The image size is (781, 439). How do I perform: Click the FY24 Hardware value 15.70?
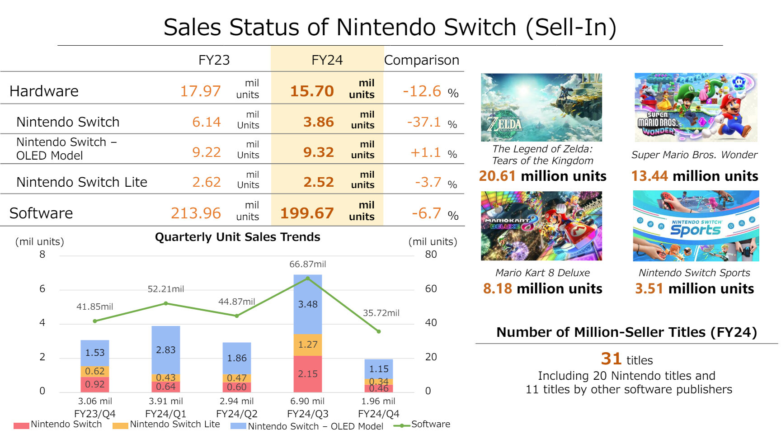[312, 91]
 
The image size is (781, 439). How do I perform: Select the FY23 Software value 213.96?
[196, 213]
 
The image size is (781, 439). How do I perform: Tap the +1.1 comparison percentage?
[425, 153]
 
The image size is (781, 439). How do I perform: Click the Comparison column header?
[421, 60]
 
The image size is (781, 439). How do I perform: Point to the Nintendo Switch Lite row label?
[82, 182]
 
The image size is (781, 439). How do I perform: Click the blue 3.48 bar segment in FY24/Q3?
[308, 304]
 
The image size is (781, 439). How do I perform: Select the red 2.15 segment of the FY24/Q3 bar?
[308, 374]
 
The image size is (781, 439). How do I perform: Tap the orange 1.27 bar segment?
[308, 345]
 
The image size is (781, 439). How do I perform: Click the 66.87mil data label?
[308, 264]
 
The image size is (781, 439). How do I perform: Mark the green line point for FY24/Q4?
[379, 331]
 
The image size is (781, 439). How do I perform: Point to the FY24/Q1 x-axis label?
[165, 414]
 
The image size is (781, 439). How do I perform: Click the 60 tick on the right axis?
[431, 288]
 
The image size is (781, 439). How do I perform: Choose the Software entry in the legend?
[430, 425]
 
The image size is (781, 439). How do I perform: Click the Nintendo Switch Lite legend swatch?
[120, 426]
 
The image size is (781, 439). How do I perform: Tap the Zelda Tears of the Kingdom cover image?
[541, 108]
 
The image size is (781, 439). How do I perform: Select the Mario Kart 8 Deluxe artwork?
[541, 226]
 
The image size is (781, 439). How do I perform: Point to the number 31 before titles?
[611, 359]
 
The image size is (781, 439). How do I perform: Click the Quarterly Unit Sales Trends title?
[237, 237]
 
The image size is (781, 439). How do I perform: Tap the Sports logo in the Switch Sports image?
[695, 230]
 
